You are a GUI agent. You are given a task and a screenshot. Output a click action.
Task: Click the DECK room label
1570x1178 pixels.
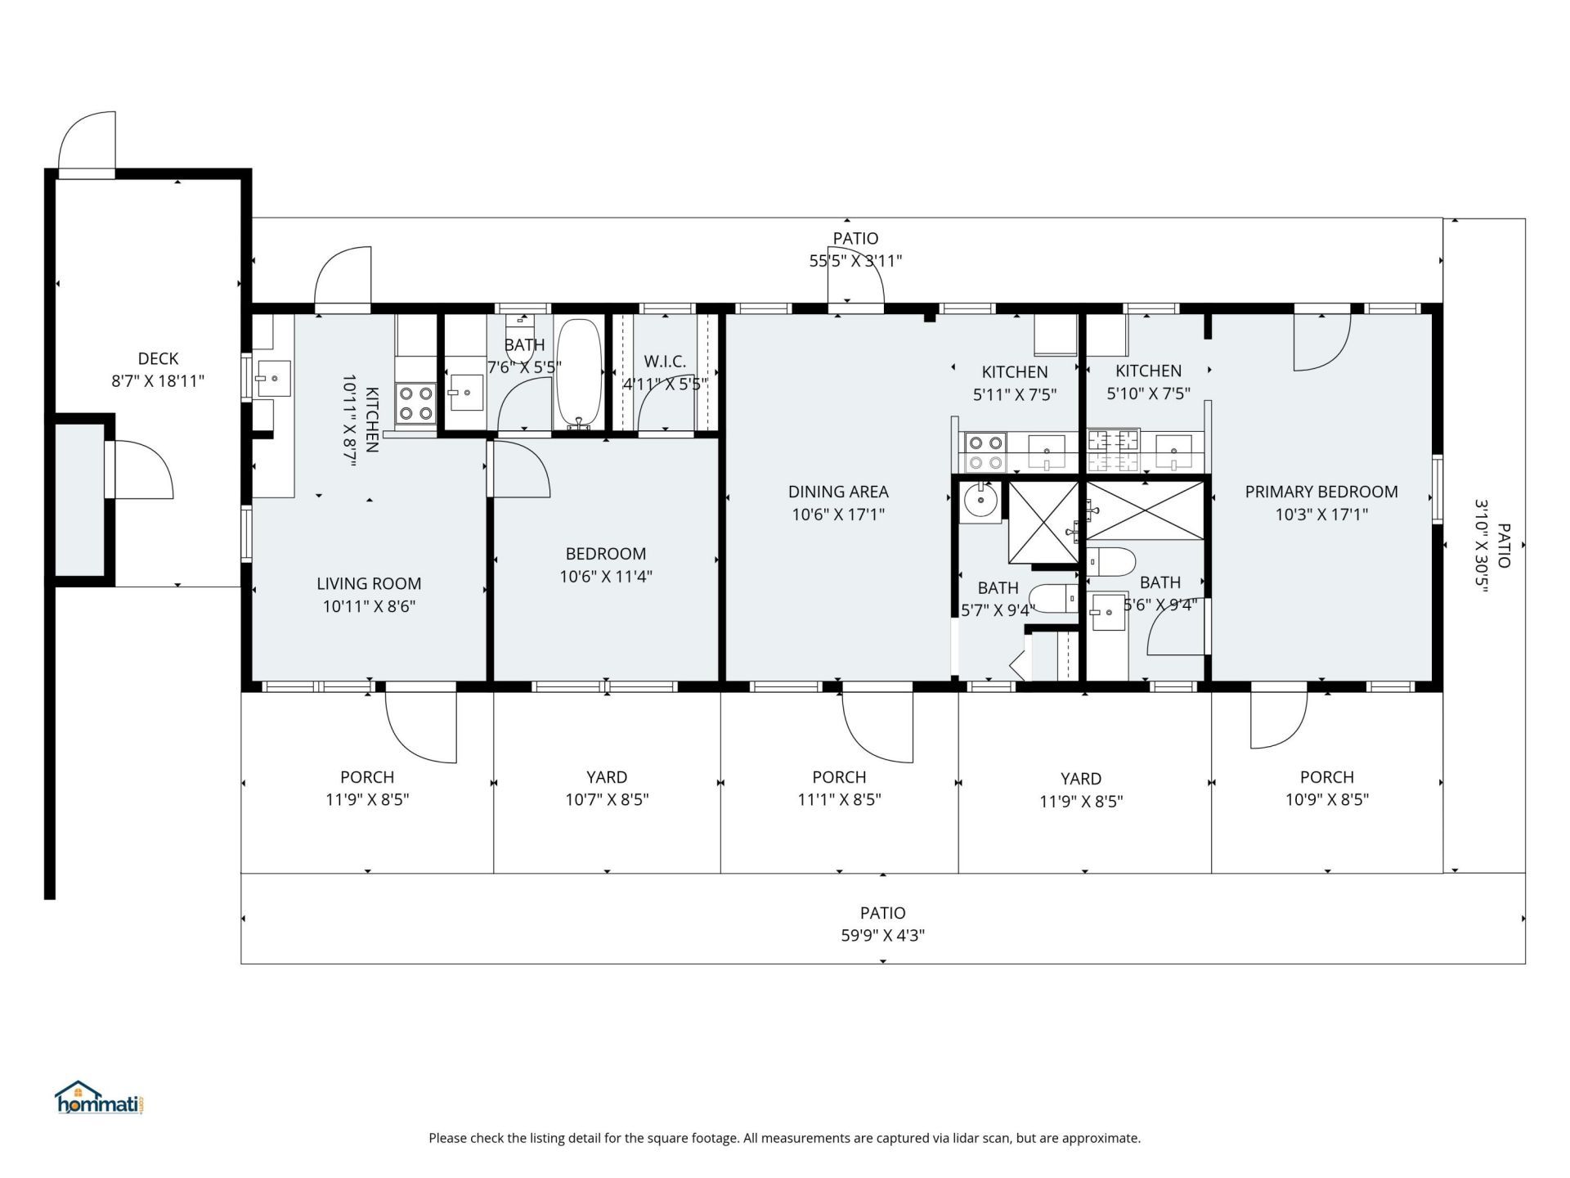158,358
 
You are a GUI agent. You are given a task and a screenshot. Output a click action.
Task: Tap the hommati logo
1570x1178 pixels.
100,1099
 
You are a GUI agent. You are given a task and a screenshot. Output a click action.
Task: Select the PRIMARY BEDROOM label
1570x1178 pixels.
1321,492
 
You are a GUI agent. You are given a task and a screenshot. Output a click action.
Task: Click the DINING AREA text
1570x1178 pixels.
838,492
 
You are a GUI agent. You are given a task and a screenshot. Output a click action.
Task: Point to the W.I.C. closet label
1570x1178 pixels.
665,362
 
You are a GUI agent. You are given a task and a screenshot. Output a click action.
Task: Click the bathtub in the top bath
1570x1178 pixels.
579,372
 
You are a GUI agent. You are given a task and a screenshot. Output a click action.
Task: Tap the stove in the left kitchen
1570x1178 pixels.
415,403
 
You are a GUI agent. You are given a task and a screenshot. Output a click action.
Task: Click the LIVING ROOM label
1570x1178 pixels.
369,583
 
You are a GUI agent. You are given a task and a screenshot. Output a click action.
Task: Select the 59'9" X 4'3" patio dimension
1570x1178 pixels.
882,935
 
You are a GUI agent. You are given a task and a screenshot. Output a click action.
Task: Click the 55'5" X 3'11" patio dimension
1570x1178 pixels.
855,261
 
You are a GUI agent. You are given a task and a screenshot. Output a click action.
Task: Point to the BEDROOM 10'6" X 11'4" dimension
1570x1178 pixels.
605,577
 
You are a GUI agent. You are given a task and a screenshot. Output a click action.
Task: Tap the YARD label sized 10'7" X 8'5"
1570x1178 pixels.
606,777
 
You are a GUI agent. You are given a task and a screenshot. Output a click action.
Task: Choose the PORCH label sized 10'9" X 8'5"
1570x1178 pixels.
1326,777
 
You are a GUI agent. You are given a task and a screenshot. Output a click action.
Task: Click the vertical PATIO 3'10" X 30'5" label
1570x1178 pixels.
1503,546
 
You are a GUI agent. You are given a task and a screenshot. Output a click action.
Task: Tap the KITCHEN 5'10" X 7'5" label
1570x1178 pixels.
1148,371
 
